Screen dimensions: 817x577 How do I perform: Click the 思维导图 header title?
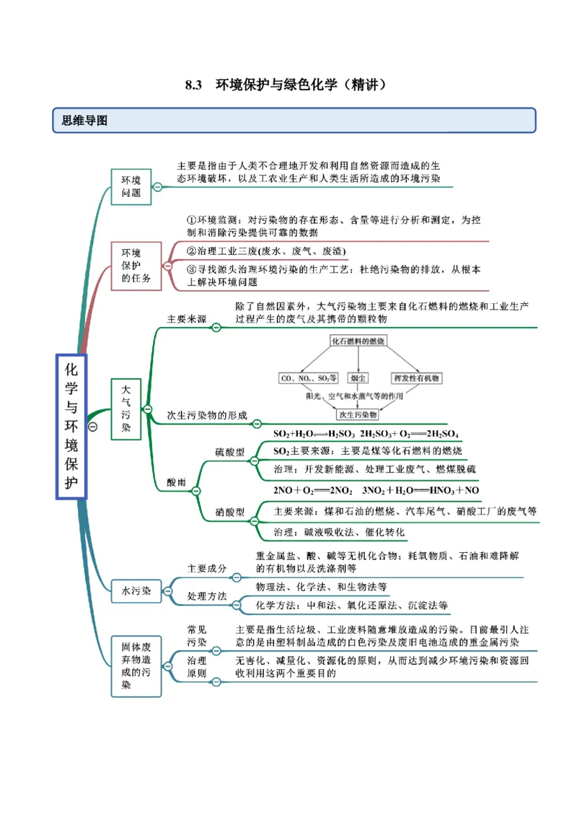click(84, 121)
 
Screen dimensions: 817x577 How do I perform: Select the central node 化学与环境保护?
click(71, 426)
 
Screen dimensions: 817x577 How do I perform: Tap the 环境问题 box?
click(131, 187)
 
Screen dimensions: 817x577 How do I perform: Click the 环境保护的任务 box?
click(136, 266)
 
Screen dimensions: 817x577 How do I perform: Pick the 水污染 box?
click(136, 591)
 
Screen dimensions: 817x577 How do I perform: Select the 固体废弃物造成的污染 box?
click(136, 666)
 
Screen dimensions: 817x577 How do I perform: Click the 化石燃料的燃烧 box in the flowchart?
click(358, 340)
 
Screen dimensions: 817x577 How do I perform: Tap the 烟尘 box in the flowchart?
click(358, 377)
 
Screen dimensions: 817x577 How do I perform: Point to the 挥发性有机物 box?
click(416, 377)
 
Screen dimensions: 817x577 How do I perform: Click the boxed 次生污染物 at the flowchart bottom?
click(358, 415)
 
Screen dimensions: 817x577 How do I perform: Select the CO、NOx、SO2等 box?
click(308, 377)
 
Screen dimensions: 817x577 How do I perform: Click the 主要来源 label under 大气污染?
click(186, 318)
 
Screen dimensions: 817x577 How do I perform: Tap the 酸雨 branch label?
click(176, 482)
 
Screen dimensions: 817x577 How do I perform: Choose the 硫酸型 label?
click(229, 452)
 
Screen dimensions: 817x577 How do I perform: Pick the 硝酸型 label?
click(229, 512)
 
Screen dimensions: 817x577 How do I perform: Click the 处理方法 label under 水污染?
click(207, 596)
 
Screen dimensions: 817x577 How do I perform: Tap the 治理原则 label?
click(196, 667)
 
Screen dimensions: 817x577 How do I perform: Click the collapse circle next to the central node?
click(93, 427)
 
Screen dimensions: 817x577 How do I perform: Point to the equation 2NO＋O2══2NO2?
click(313, 491)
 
